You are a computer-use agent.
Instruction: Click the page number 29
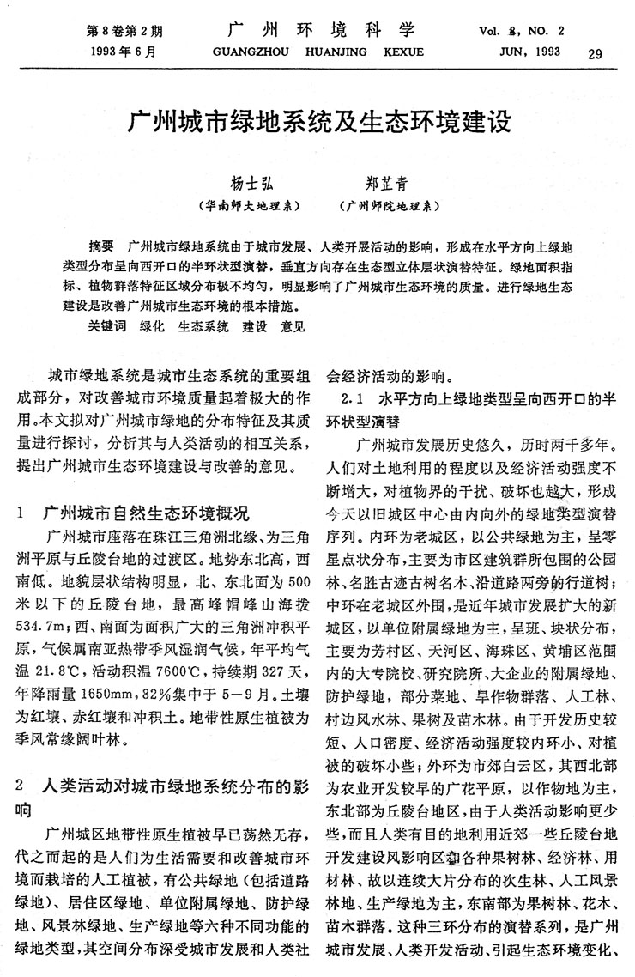click(x=596, y=55)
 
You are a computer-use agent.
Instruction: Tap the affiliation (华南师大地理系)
click(x=248, y=206)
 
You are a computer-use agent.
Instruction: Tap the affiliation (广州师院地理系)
click(x=390, y=206)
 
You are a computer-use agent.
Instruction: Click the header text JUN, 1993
click(x=523, y=52)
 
